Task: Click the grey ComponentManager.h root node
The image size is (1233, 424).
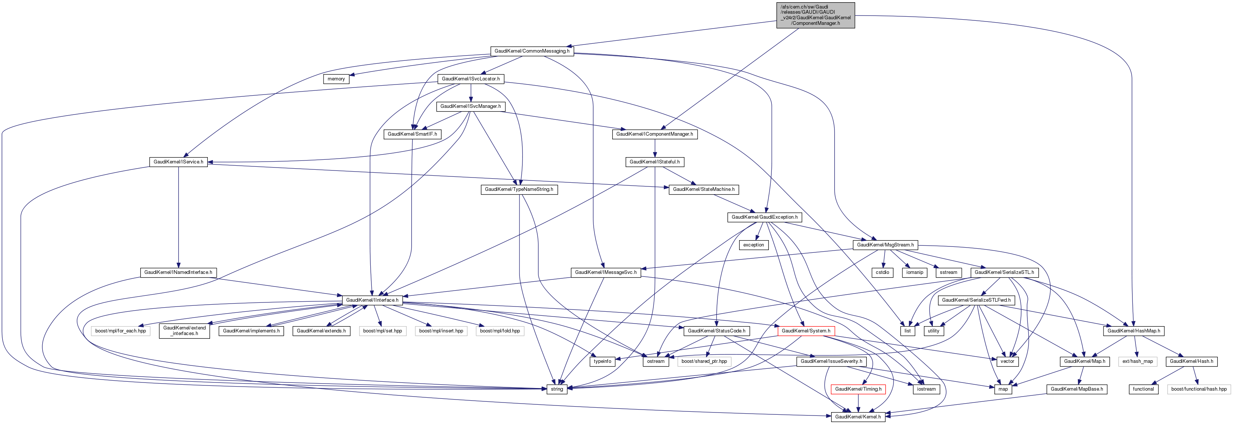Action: (x=815, y=15)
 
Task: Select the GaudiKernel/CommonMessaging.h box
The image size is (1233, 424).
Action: (x=532, y=51)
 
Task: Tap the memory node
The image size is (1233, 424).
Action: (x=336, y=79)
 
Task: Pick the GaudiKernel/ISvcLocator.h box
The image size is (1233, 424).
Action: (x=470, y=79)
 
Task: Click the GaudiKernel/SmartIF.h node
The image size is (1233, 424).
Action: (x=412, y=134)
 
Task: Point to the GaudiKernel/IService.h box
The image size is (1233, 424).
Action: (x=178, y=162)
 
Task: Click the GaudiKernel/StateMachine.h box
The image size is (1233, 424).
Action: (x=703, y=190)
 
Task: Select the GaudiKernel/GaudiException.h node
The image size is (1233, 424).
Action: (x=764, y=218)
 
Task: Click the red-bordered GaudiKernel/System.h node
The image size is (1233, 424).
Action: (x=806, y=331)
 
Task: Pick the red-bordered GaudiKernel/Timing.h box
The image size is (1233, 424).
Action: (x=858, y=389)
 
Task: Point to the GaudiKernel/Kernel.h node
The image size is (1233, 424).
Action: (x=857, y=417)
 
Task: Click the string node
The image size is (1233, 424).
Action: (x=557, y=389)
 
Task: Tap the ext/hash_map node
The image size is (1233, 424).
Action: (x=1138, y=361)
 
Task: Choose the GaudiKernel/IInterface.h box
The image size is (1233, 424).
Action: (x=372, y=300)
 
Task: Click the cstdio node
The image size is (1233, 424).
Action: (x=882, y=272)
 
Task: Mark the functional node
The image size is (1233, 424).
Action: (x=1143, y=389)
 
